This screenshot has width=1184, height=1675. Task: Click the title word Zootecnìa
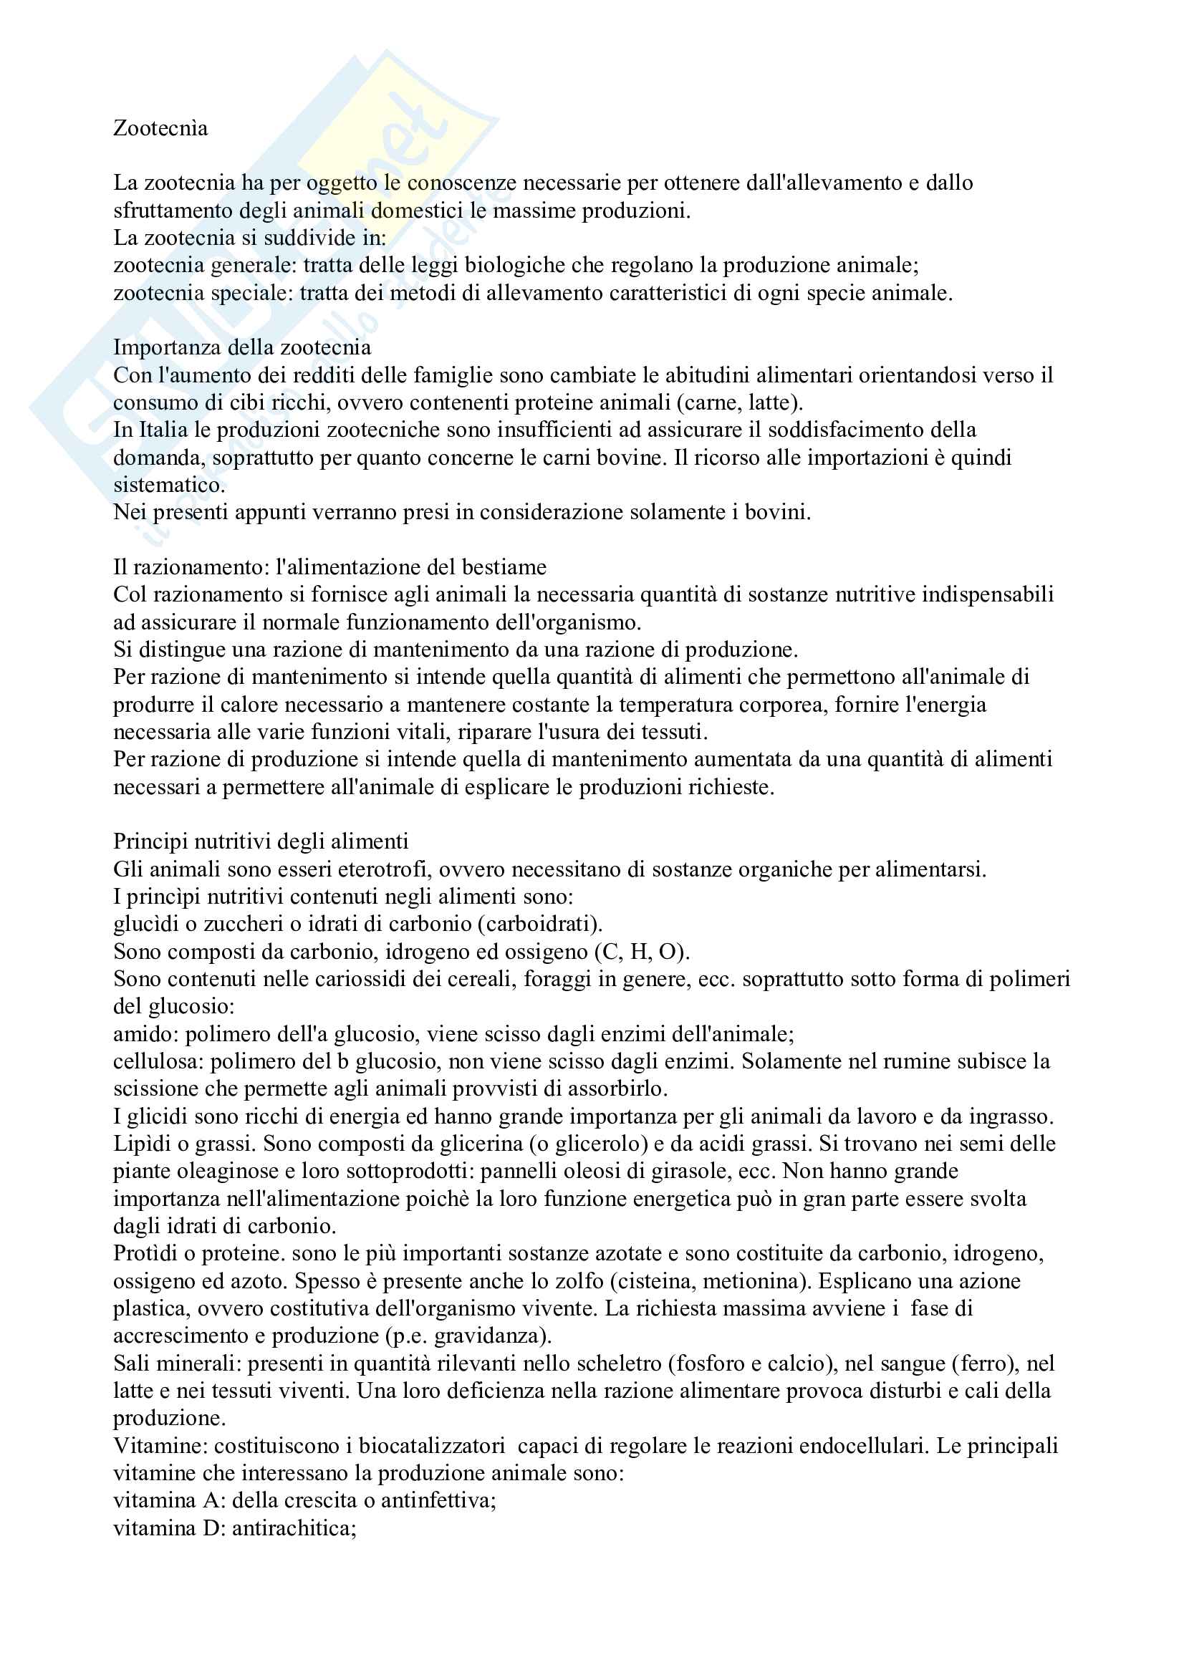(160, 128)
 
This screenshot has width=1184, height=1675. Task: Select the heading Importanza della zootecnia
(241, 347)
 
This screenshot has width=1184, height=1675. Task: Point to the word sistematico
(168, 485)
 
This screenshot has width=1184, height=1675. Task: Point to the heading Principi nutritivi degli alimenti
(261, 842)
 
